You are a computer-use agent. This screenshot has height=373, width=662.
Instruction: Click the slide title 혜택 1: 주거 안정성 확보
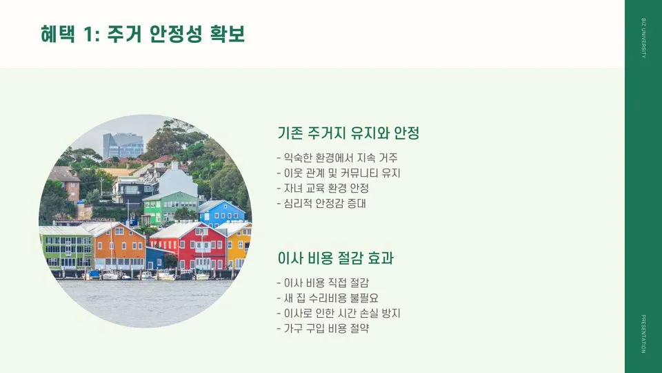[143, 35]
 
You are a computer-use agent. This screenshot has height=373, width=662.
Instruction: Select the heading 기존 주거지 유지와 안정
[348, 133]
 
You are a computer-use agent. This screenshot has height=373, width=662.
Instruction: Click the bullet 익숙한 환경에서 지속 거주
[337, 158]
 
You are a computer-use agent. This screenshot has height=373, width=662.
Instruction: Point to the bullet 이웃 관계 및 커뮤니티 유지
[338, 173]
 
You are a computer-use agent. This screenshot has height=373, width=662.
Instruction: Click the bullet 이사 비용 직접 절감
[322, 283]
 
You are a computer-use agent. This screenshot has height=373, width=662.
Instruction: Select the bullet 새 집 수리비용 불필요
[327, 298]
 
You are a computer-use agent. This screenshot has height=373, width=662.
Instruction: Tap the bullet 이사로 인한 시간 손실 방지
[338, 314]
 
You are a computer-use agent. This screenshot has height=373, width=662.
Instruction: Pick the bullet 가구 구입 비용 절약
[322, 329]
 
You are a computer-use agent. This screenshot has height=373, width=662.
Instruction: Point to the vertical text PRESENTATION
[643, 334]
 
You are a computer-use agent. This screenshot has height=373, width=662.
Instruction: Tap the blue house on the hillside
[221, 213]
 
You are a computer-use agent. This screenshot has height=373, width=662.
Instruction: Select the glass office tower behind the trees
[123, 146]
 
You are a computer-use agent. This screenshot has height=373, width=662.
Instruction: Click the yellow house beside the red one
[238, 246]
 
